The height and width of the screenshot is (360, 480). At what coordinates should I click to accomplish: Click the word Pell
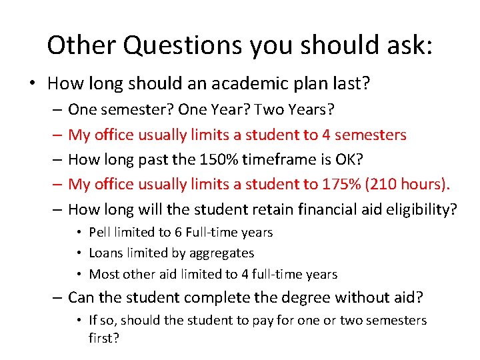pos(100,232)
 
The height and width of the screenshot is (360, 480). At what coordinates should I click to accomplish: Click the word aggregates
pos(220,253)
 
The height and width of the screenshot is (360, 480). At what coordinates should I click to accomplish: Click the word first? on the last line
pos(104,338)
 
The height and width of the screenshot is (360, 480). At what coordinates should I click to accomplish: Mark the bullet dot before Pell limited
pos(79,233)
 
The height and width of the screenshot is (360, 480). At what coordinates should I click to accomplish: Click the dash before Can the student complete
pos(57,297)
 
